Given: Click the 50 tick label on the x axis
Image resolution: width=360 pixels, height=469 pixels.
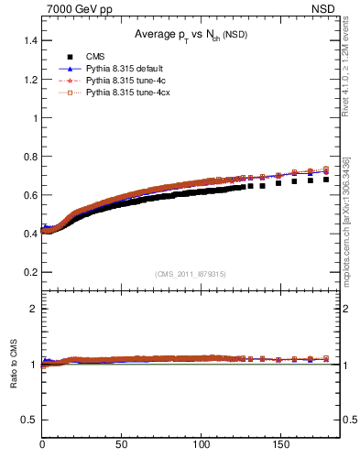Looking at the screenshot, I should pyautogui.click(x=121, y=446).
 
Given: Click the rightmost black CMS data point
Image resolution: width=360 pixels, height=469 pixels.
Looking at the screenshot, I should pyautogui.click(x=326, y=180).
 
